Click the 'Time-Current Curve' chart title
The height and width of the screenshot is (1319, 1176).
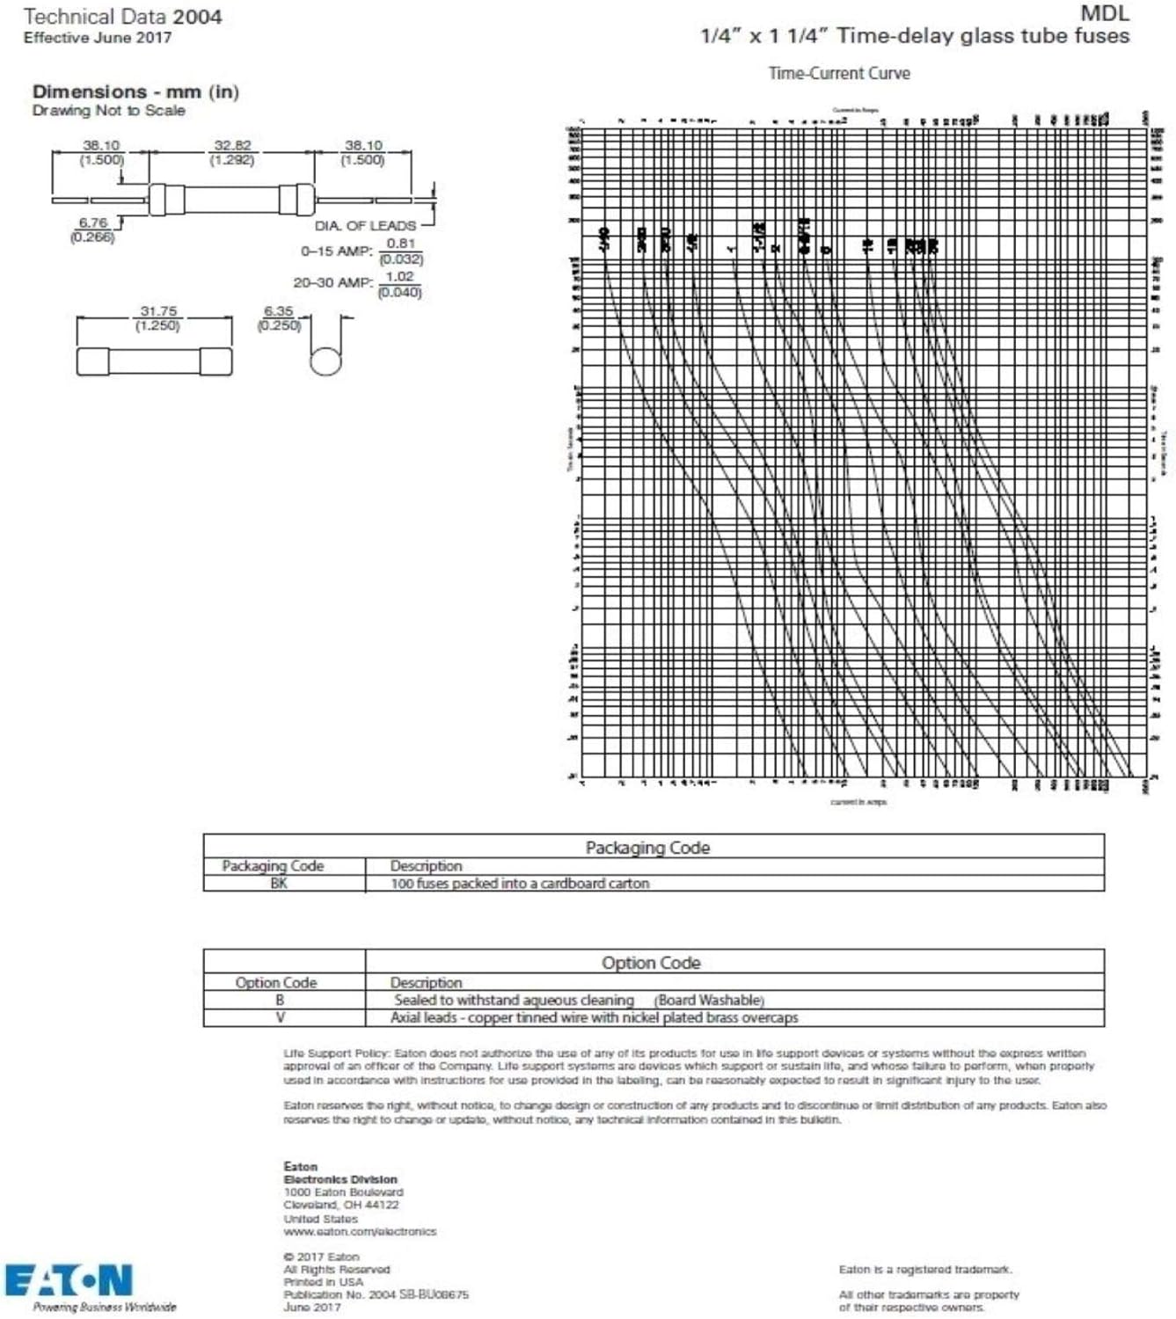(x=838, y=73)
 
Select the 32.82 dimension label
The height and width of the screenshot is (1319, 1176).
(x=232, y=145)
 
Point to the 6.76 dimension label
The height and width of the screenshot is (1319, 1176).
(x=93, y=222)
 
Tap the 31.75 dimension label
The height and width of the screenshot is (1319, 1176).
(x=158, y=311)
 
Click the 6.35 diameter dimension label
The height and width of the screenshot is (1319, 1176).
(x=279, y=311)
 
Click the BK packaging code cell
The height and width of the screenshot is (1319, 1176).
(x=279, y=883)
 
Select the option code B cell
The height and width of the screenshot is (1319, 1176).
(x=280, y=1000)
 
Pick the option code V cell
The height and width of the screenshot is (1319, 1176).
(x=280, y=1017)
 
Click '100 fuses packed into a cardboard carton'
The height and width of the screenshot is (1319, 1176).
(x=519, y=883)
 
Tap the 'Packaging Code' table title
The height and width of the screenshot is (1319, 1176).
(x=647, y=847)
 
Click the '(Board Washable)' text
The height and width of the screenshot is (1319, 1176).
(x=709, y=1000)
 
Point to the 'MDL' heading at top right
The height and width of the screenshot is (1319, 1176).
(x=1104, y=13)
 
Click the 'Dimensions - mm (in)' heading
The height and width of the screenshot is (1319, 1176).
(x=135, y=91)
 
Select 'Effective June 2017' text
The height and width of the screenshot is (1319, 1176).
(x=98, y=38)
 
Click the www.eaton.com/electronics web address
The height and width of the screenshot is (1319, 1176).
(x=360, y=1231)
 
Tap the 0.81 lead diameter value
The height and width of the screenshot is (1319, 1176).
(x=401, y=244)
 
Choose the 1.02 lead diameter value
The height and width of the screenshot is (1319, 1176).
(x=399, y=276)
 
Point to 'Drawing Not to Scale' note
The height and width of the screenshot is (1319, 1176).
(x=109, y=110)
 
